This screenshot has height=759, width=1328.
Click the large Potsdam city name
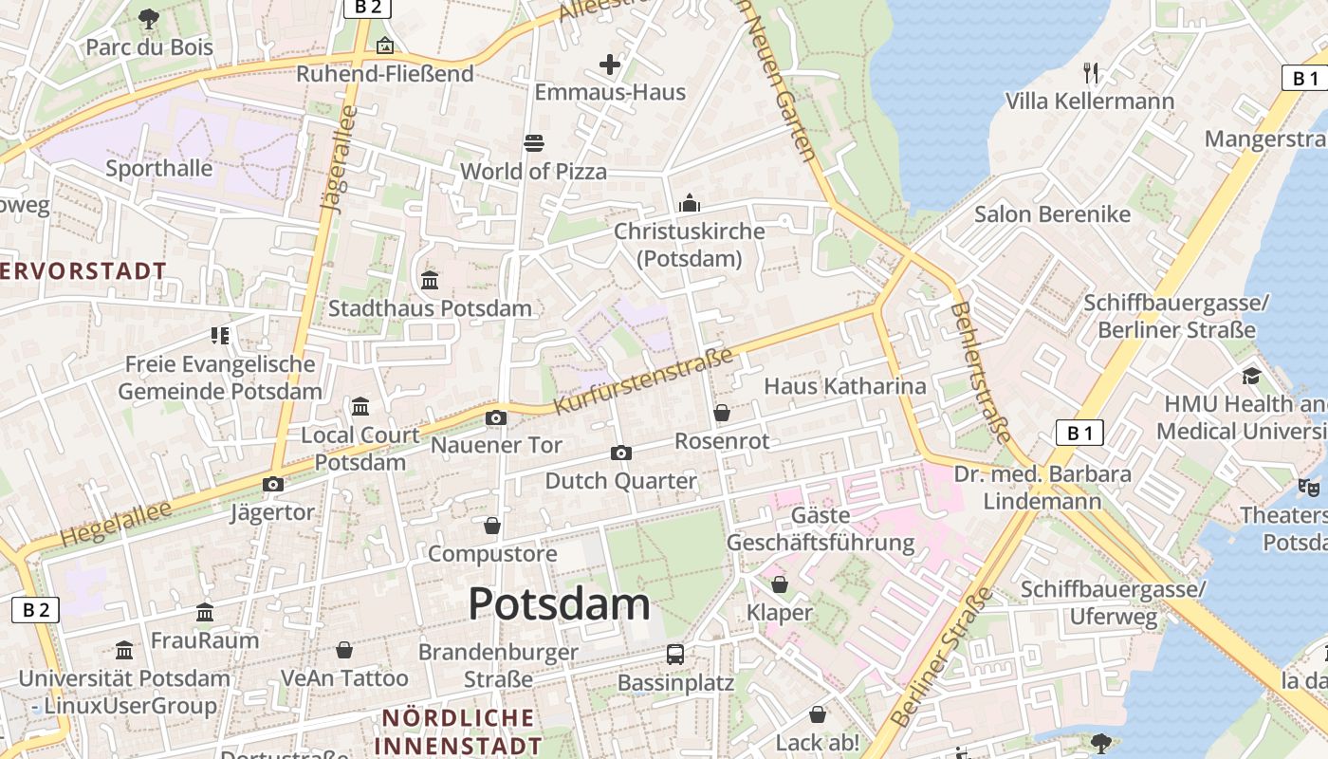pos(559,604)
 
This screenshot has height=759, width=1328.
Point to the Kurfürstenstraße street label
pos(644,381)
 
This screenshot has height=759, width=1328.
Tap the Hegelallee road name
pos(116,524)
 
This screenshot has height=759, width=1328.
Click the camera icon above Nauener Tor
pos(495,417)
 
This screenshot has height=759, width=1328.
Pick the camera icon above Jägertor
pos(273,485)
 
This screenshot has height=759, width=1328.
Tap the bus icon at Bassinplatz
pos(675,654)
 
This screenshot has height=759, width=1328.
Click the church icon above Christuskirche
pos(690,203)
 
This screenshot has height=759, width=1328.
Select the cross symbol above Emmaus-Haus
pos(610,65)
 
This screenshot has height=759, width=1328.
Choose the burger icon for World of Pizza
pos(534,143)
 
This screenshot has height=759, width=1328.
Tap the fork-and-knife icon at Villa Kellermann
pos(1091,72)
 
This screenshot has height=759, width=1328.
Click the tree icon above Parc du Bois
pos(149,18)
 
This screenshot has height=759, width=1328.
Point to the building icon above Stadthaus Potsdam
pos(430,280)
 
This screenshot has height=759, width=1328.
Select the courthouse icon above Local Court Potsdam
pos(360,407)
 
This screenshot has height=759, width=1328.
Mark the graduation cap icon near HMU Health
pos(1251,376)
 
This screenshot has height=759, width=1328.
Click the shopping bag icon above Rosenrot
pos(722,413)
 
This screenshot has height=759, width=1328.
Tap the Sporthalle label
pos(159,168)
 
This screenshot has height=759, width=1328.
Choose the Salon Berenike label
pos(1053,213)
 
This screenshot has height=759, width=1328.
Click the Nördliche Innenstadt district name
pos(457,731)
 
